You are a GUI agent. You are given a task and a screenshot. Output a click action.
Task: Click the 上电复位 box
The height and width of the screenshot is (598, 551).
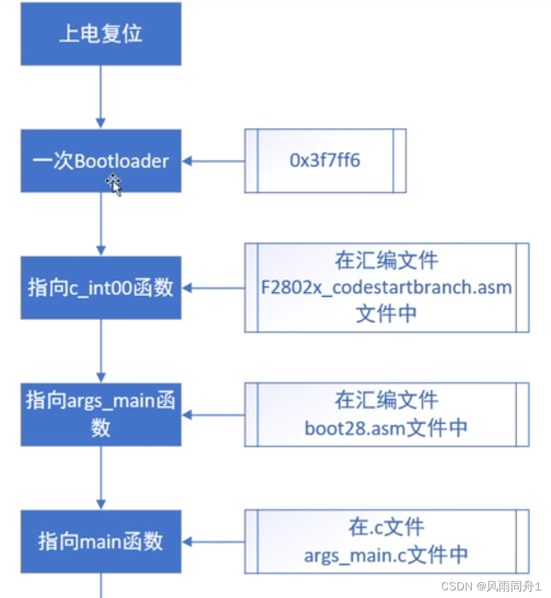[100, 34]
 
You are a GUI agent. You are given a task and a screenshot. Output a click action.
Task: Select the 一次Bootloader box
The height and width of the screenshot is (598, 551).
[100, 160]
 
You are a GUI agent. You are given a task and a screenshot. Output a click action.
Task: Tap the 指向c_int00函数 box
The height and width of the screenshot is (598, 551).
[100, 287]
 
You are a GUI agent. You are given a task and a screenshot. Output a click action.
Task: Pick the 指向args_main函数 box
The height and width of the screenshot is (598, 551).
[100, 414]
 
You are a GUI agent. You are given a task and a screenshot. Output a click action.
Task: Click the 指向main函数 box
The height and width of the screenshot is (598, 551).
[100, 541]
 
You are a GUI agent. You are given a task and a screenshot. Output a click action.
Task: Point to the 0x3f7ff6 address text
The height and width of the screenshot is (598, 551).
[325, 160]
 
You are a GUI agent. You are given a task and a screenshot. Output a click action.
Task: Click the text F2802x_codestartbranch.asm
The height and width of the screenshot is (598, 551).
[387, 287]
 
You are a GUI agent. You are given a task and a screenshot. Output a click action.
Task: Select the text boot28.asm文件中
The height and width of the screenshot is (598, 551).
[386, 427]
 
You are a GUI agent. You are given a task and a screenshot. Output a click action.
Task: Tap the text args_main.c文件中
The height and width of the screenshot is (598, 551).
[386, 555]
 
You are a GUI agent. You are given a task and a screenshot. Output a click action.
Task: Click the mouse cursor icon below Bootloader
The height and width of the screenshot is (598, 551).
[114, 185]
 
